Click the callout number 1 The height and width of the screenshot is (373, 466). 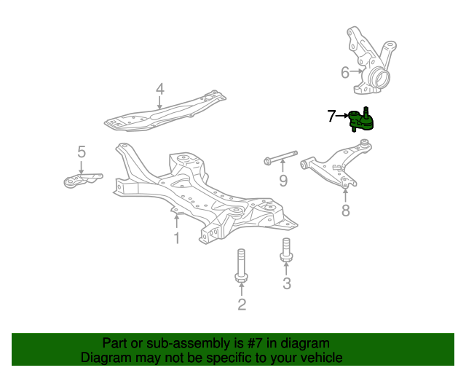coord(177,238)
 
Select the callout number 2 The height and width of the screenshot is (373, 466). coord(242,305)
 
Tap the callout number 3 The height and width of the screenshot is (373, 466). coord(287,283)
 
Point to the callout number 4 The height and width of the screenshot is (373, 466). coord(160,89)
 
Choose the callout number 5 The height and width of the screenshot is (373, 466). coord(82,152)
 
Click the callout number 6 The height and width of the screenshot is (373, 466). coord(345,72)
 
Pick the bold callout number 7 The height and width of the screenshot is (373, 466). coord(331,116)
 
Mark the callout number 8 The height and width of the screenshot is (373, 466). coord(346,211)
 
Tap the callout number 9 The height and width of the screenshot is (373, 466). coord(283,180)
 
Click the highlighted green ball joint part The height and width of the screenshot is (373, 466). coord(361,120)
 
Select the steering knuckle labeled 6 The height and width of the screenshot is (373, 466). coord(371,60)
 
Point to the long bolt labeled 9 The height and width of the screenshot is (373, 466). coord(280,157)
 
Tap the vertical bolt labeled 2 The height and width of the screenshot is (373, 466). coord(241,265)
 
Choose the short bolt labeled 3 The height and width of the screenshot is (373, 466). coord(286,250)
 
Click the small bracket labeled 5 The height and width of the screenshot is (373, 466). coord(82,180)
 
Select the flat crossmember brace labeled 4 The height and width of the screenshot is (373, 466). coord(165,111)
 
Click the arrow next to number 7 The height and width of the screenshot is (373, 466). coord(342,115)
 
